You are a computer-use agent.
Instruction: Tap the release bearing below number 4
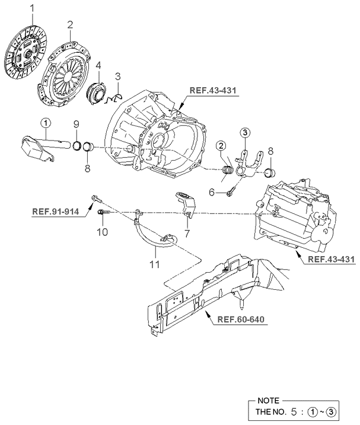96,94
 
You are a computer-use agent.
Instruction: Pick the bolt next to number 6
231,190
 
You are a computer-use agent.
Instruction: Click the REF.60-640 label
240,320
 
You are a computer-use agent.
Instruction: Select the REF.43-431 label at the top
212,91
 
